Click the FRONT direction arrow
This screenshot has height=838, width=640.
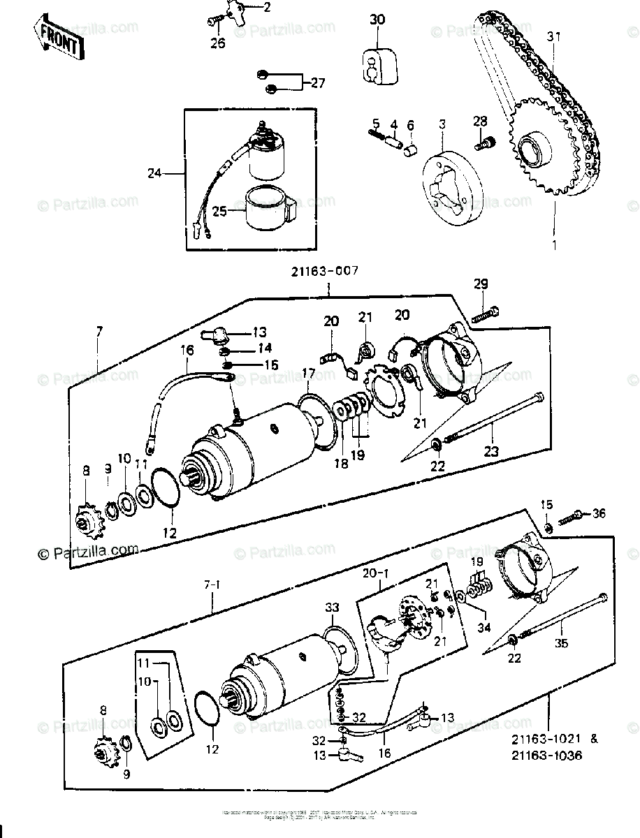coord(57,37)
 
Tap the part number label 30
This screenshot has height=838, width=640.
coord(377,20)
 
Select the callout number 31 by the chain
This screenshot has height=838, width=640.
coord(554,36)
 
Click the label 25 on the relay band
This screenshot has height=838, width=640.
coord(219,210)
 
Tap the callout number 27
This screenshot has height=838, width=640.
coord(318,83)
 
